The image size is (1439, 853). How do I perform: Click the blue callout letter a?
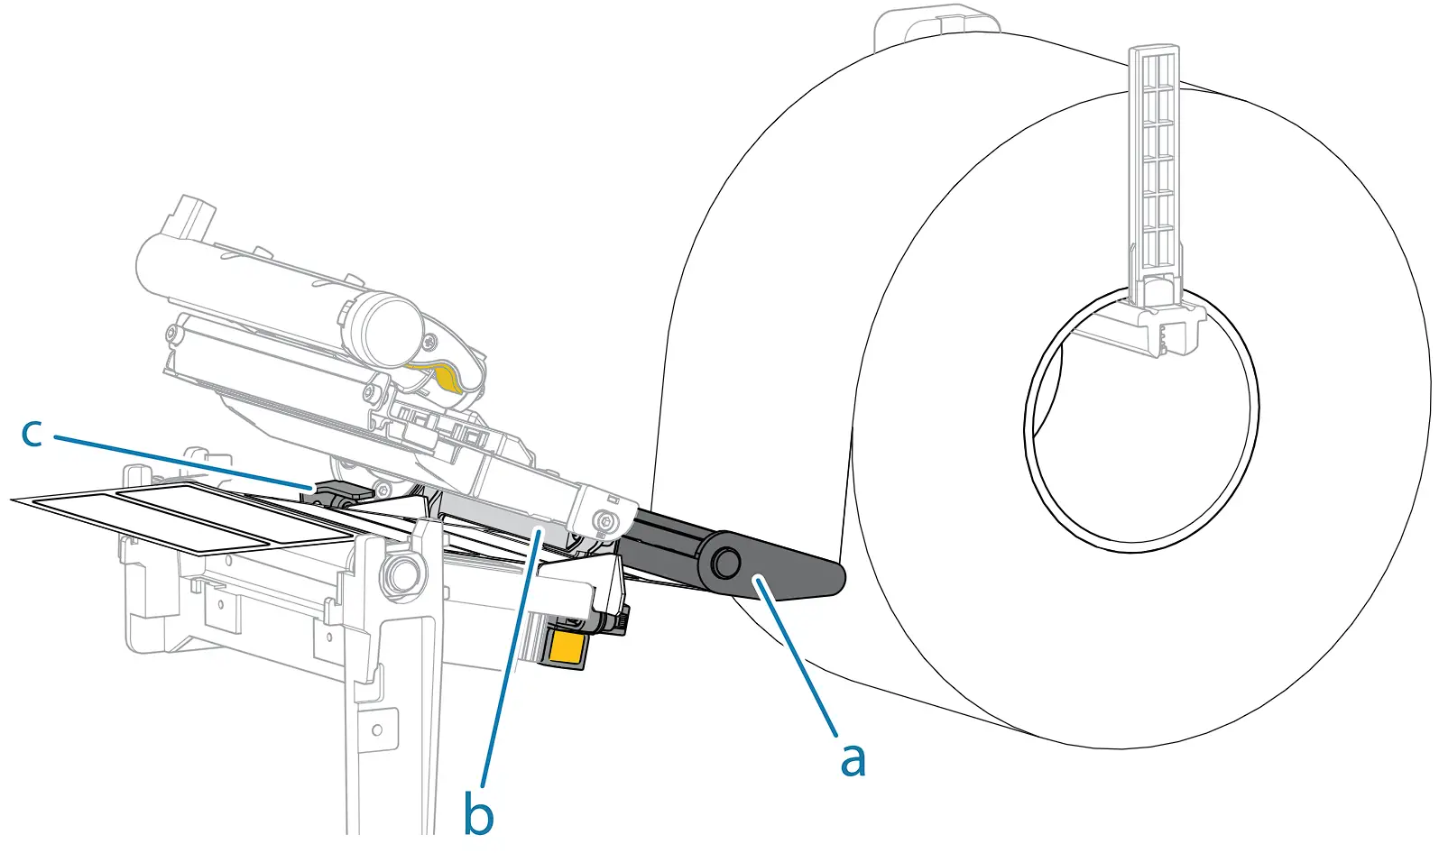tap(853, 759)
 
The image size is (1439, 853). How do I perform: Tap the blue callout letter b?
tap(478, 814)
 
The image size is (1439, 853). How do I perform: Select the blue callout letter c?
tap(32, 433)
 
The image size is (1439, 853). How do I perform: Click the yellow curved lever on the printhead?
tap(441, 375)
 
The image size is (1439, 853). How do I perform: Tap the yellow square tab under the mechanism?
tap(565, 648)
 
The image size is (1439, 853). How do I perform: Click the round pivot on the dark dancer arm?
tap(724, 564)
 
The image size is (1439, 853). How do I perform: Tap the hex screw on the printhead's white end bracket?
tap(606, 520)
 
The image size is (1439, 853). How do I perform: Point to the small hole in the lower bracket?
tap(377, 729)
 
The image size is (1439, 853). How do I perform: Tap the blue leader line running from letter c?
tap(180, 462)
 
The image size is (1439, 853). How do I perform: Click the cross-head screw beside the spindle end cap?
tap(429, 342)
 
